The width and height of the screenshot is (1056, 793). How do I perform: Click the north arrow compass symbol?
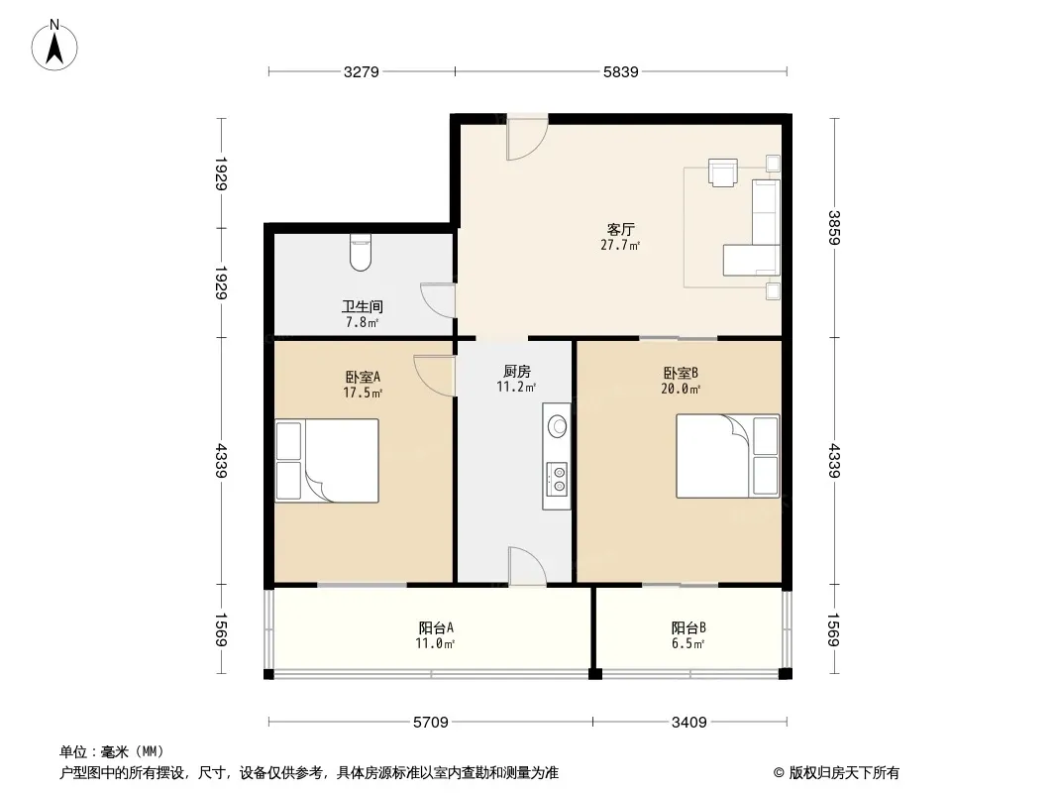[x=54, y=46]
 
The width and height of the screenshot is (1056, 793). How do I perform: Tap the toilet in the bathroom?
[x=361, y=253]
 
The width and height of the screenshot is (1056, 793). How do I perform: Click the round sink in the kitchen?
[x=558, y=426]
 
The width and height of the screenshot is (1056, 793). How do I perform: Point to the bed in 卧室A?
[x=327, y=461]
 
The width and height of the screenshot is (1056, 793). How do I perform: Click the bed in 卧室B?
[x=728, y=456]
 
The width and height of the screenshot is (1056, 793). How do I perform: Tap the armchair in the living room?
[x=722, y=171]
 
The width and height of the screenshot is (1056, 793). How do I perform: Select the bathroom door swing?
[x=438, y=299]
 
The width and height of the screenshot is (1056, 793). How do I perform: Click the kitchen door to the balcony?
[x=527, y=566]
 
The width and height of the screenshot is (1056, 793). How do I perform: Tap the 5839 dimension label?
[x=620, y=71]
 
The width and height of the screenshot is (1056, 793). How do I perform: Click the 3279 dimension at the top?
[x=361, y=71]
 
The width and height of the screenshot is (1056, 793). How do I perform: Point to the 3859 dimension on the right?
[x=834, y=228]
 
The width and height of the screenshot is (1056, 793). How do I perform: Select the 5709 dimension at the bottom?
[x=430, y=723]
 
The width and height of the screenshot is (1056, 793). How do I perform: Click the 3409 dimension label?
[x=688, y=723]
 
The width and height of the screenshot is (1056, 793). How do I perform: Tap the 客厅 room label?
[x=620, y=229]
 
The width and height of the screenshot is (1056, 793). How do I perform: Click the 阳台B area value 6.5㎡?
[x=688, y=643]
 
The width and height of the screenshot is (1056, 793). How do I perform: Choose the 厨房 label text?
[x=516, y=372]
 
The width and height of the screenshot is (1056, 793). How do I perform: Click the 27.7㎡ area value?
[x=620, y=245]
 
